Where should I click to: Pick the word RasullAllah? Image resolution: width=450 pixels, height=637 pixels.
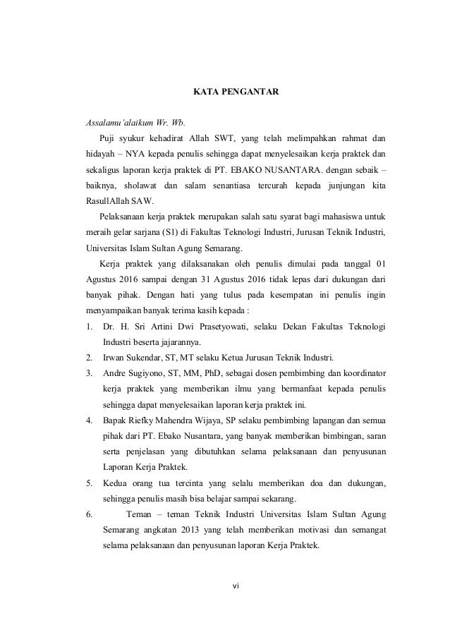click(x=104, y=205)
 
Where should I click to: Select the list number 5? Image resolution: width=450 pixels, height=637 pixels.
click(x=88, y=483)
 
